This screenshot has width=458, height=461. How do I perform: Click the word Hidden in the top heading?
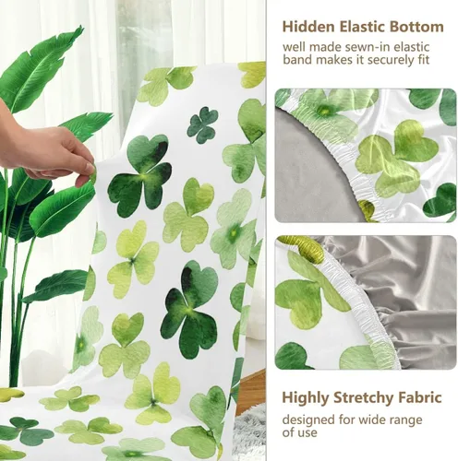coord(308,27)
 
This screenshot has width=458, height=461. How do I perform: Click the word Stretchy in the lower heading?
coord(365,398)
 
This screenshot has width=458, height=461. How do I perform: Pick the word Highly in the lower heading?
coord(306,398)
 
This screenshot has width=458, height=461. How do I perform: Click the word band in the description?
coord(297,60)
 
